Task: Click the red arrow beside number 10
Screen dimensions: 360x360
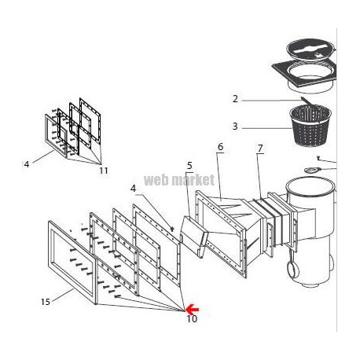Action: coord(193,309)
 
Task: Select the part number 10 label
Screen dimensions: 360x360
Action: coord(192,319)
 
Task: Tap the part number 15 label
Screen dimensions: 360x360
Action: coord(46,302)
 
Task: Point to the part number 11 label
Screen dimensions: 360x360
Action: coord(104,171)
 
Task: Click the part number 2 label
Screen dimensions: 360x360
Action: coord(235,99)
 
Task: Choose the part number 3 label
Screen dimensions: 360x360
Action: coord(235,127)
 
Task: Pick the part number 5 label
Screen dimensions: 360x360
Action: coord(189,166)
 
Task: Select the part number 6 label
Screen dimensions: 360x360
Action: coord(220,147)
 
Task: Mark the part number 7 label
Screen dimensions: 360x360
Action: coord(260,149)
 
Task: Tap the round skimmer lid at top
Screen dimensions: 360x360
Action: coord(310,50)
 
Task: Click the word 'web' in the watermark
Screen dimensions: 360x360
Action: coord(156,180)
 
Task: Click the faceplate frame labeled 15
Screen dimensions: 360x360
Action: coord(72,262)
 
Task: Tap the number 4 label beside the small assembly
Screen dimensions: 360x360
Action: coord(27,164)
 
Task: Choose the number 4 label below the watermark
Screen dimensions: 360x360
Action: coord(134,189)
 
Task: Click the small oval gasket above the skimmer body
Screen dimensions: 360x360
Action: coord(312,171)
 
